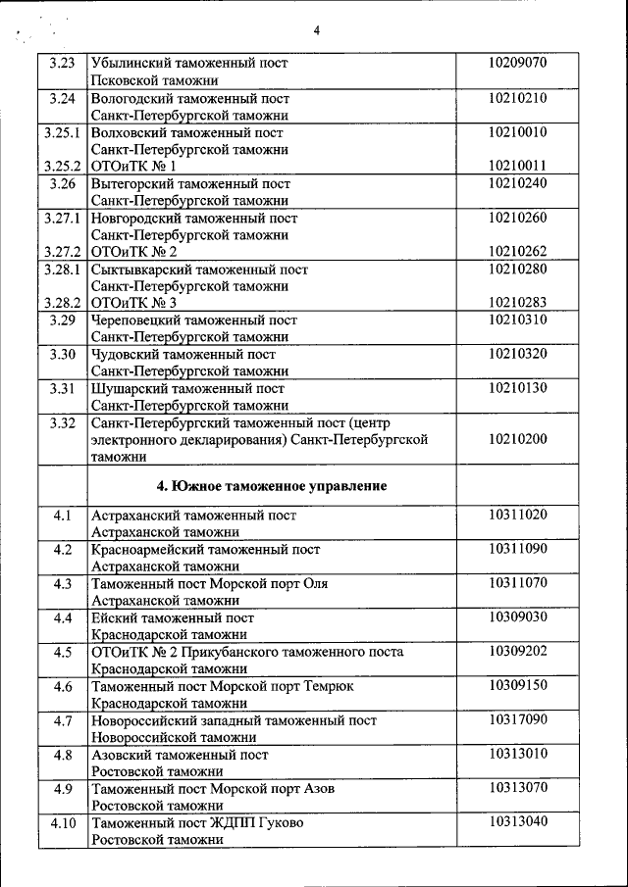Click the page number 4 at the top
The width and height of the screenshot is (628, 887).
tap(317, 30)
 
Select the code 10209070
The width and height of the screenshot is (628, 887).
tap(517, 64)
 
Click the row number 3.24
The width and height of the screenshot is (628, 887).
tap(62, 98)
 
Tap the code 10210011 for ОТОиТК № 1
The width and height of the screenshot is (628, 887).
tap(517, 166)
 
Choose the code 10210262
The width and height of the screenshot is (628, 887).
tap(517, 251)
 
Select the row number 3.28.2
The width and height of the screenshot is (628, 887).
tap(62, 303)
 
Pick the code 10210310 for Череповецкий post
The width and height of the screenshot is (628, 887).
tap(517, 320)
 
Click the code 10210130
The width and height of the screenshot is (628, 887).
tap(517, 388)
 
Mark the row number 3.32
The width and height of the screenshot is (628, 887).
tap(62, 422)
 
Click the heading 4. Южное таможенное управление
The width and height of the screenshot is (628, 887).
tap(272, 485)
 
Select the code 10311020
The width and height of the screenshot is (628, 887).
tap(517, 515)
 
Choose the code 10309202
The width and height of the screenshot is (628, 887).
tap(517, 652)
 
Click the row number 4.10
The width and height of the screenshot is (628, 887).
tap(62, 822)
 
